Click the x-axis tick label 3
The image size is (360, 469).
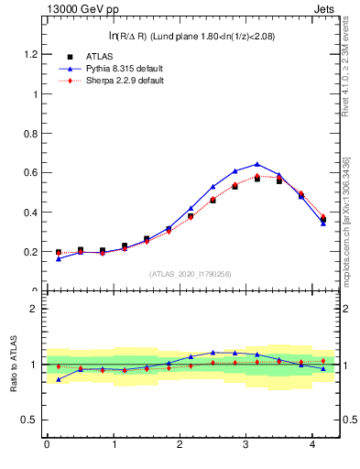245,444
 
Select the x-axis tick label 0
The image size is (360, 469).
47,444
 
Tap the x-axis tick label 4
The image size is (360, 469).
312,444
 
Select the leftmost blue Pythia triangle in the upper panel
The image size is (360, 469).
59,258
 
